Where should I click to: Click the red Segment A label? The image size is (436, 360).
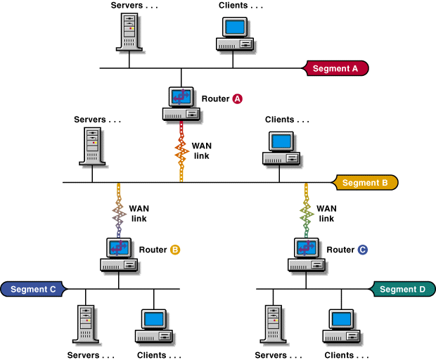[x=335, y=68]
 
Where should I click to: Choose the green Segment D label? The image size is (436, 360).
[x=402, y=289]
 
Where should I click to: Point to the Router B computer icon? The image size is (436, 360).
[x=119, y=255]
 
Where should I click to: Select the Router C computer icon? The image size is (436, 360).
[x=307, y=255]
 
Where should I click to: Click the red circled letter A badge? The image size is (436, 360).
[x=238, y=99]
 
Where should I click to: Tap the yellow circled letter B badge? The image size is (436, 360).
[x=175, y=250]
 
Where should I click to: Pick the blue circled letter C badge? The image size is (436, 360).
[x=363, y=250]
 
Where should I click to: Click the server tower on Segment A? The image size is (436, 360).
[x=129, y=32]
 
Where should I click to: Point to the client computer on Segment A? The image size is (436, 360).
[x=234, y=33]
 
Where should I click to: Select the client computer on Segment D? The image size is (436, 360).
[x=342, y=324]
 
